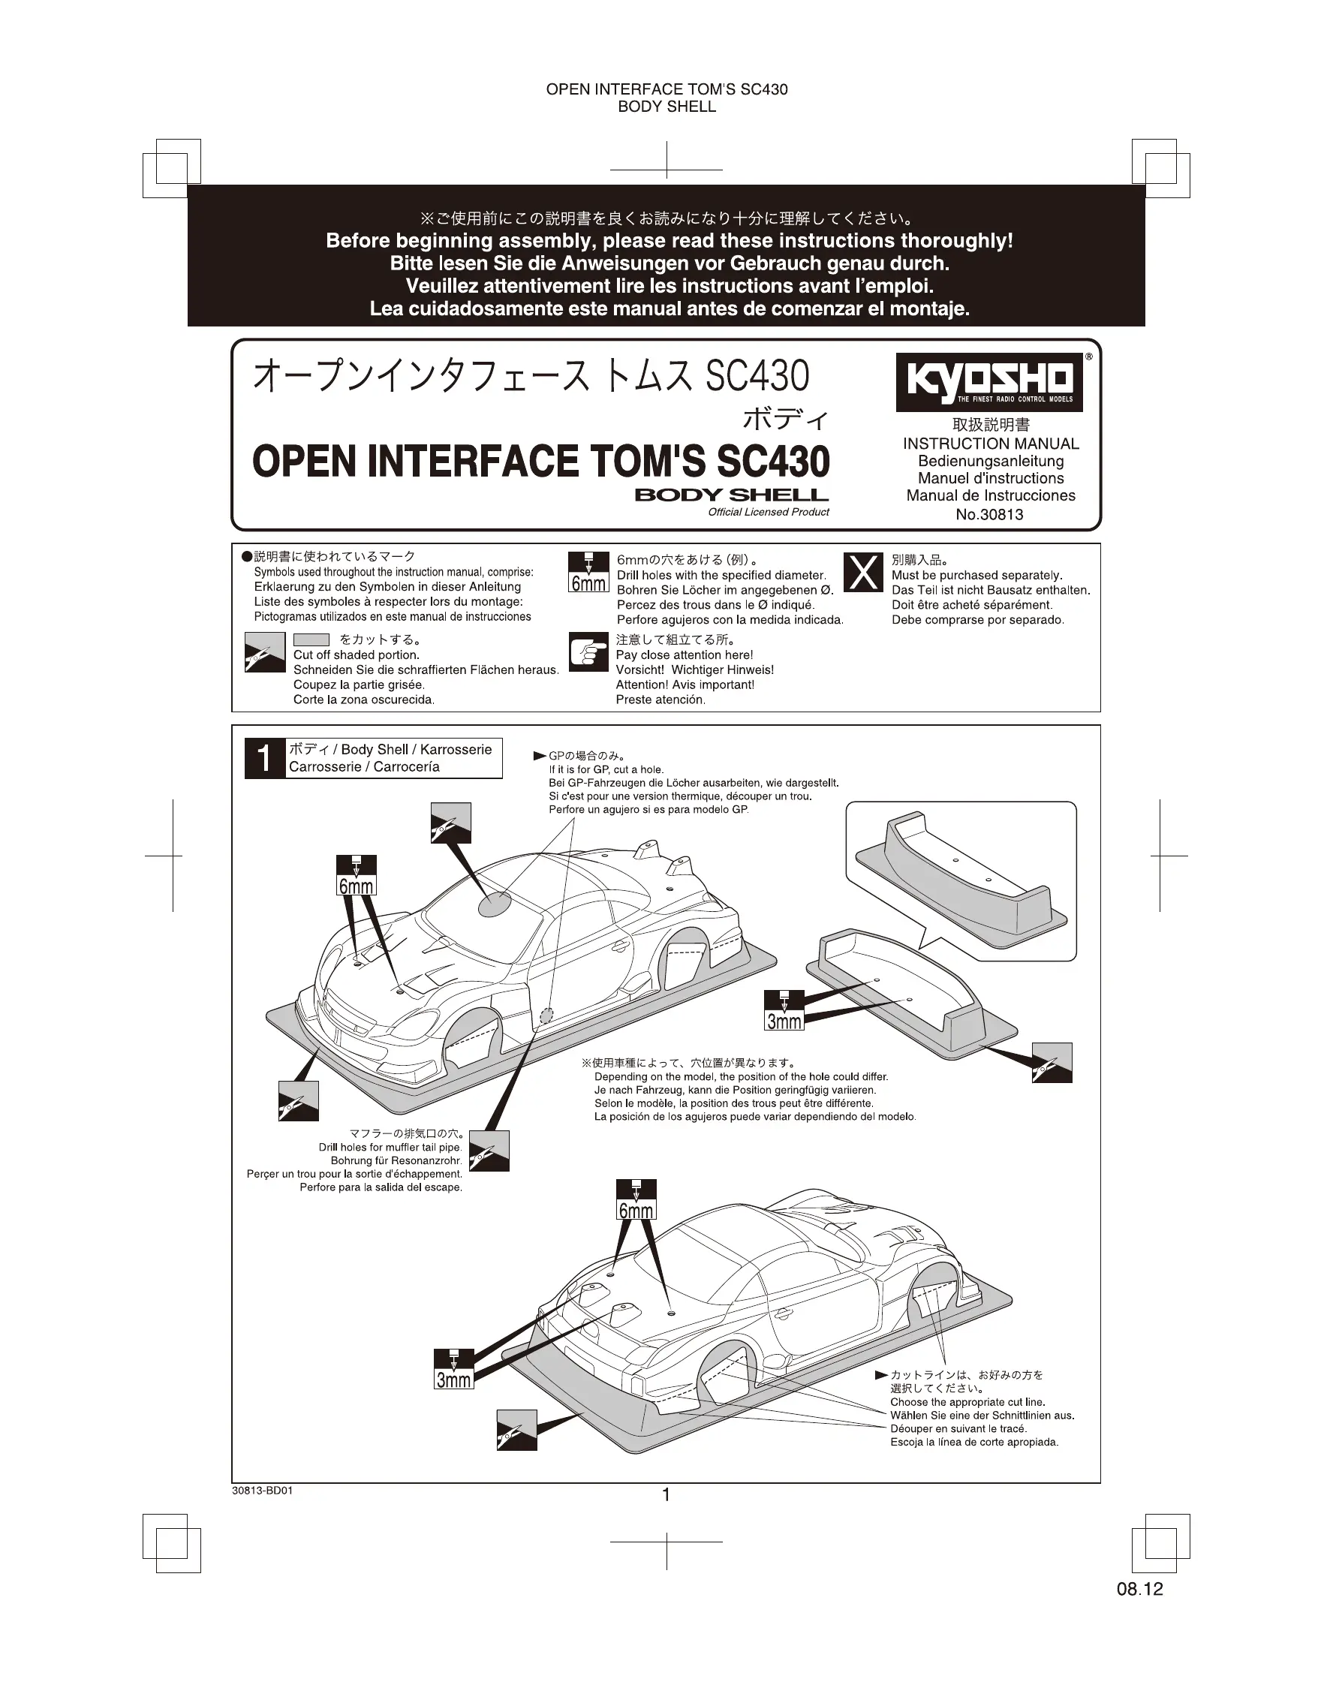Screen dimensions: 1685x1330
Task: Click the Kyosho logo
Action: point(989,381)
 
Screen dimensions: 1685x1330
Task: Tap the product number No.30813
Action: point(989,515)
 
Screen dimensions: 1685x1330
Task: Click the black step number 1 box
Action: point(265,757)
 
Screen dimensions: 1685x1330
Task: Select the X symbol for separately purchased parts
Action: point(864,573)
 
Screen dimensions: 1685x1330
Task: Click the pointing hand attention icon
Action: point(588,651)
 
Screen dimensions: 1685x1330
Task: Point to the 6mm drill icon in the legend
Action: point(588,573)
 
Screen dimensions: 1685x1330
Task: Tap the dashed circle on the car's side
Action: point(546,1016)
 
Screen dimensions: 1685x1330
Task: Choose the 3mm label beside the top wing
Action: point(784,1021)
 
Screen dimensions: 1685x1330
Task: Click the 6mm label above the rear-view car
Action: point(636,1211)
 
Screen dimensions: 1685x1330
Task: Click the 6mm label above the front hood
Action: point(356,886)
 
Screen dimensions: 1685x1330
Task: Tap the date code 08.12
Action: point(1139,1589)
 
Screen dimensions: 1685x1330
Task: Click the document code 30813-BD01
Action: point(263,1491)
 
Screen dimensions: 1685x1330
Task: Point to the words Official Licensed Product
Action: point(769,513)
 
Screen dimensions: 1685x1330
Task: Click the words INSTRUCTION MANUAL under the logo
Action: point(991,444)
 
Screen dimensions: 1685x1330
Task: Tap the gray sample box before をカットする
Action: point(311,640)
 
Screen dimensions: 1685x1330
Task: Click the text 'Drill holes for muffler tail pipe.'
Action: point(390,1147)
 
